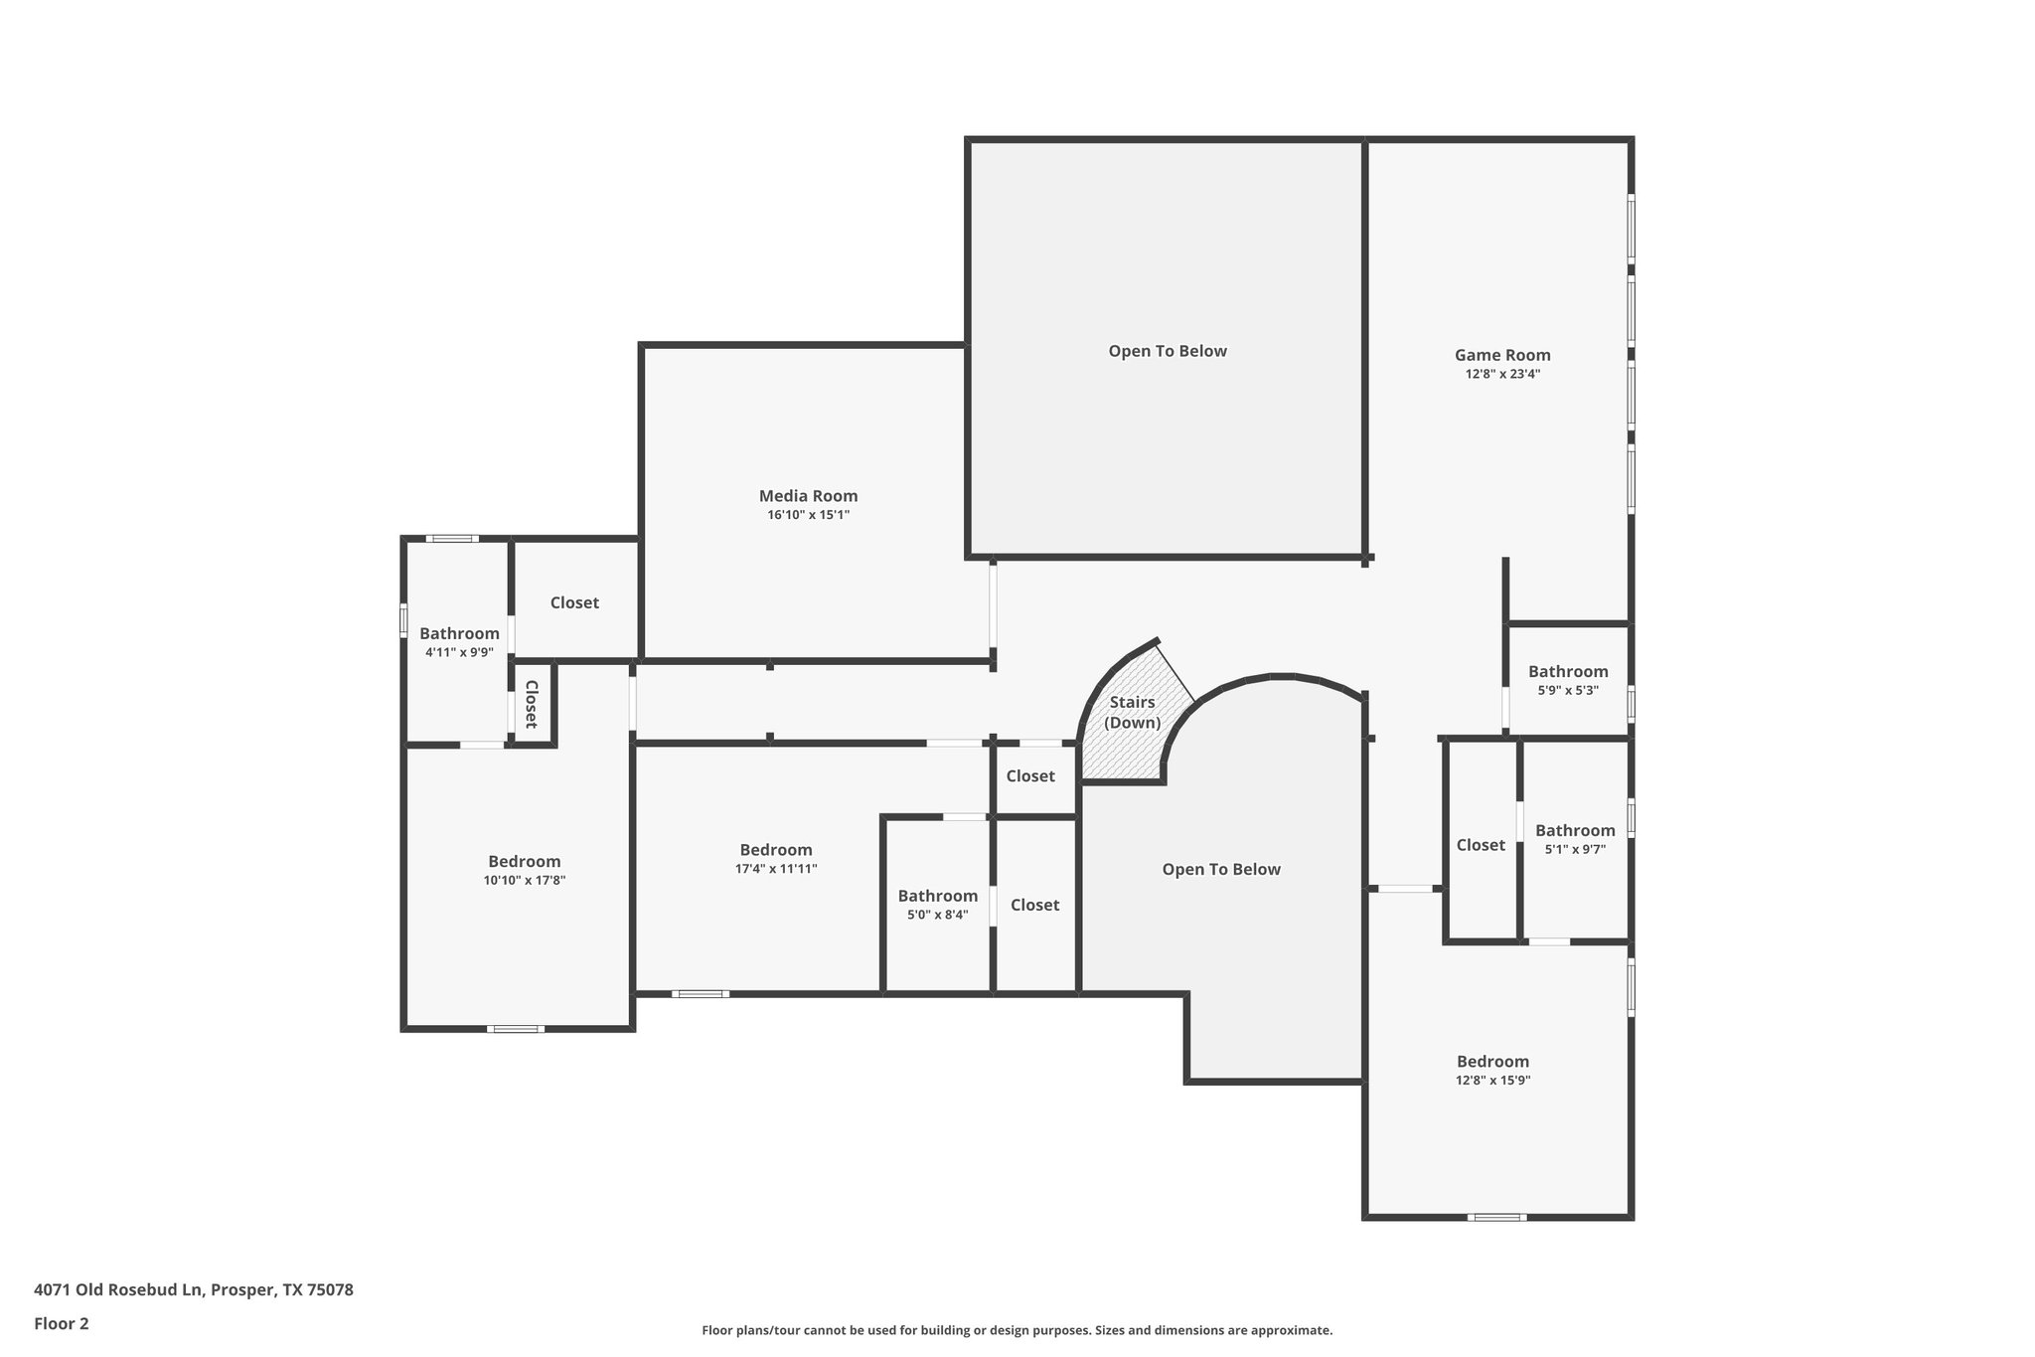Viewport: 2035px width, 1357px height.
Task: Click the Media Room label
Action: tap(808, 496)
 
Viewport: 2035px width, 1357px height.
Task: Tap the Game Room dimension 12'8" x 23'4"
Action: tap(1502, 375)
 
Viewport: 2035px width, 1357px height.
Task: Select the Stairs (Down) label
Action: tap(1132, 713)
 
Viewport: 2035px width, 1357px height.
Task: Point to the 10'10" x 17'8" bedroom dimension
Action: tap(525, 881)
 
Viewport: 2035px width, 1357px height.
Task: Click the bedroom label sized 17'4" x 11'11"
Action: tap(775, 850)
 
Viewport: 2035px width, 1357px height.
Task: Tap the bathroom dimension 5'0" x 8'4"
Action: tap(937, 916)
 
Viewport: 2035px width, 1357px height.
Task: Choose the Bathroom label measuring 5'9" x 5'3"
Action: tap(1567, 672)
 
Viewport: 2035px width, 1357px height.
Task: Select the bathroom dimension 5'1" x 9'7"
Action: tap(1575, 850)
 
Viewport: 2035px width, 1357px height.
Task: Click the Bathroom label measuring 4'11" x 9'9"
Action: tap(459, 634)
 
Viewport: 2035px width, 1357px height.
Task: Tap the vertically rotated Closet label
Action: tap(531, 704)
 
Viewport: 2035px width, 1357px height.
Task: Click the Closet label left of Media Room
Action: tap(574, 602)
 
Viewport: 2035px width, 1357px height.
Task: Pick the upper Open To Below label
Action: tap(1168, 351)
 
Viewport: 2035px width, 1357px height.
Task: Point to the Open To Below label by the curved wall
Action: tap(1221, 870)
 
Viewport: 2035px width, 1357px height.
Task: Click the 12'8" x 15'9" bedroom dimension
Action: tap(1492, 1081)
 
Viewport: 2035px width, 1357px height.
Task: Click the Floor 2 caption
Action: tap(62, 1323)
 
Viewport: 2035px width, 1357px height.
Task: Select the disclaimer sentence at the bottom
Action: tap(1017, 1330)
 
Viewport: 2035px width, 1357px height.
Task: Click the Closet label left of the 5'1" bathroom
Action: tap(1481, 845)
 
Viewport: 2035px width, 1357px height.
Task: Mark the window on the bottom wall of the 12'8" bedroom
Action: tap(1496, 1217)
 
